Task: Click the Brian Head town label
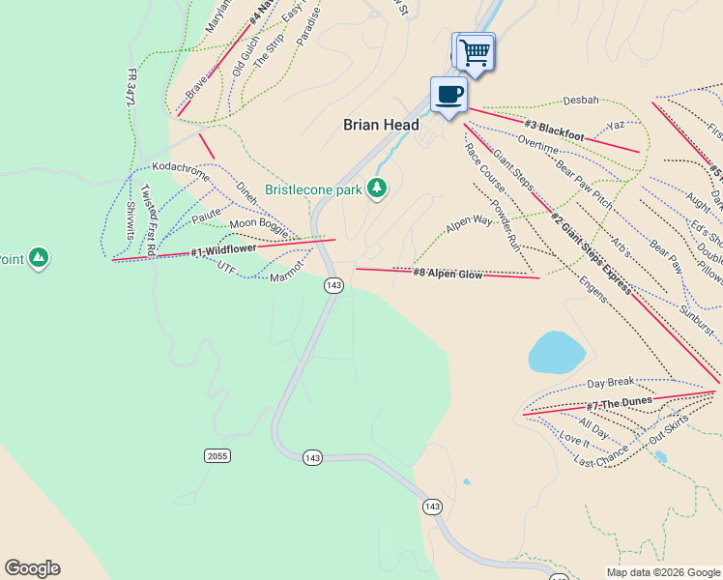382,125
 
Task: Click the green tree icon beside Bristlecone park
377,188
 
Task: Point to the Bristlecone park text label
314,188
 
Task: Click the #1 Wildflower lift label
223,249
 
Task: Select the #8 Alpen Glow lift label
448,274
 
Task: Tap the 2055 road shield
217,455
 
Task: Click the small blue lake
556,352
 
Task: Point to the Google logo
32,568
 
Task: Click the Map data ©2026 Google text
662,572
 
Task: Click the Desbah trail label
581,100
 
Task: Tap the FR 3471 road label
132,87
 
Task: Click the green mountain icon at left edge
38,257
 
